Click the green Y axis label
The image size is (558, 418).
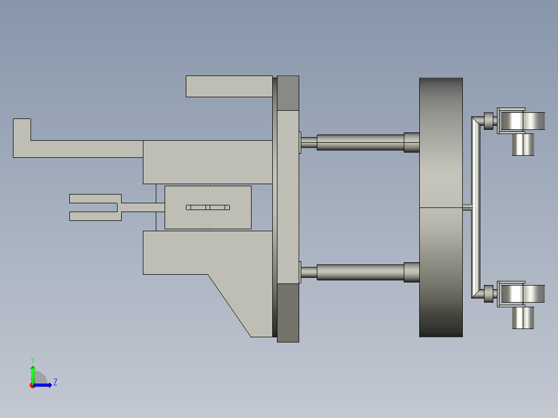pyautogui.click(x=32, y=359)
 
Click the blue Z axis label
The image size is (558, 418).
pyautogui.click(x=55, y=382)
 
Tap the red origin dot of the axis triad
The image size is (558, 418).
pyautogui.click(x=32, y=385)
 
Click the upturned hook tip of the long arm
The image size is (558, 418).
pyautogui.click(x=22, y=128)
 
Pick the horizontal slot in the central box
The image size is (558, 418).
pyautogui.click(x=208, y=207)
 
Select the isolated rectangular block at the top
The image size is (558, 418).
pyautogui.click(x=229, y=86)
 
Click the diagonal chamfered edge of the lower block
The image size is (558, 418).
pyautogui.click(x=229, y=305)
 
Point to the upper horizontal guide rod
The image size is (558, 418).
pyautogui.click(x=360, y=142)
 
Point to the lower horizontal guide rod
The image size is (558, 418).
pyautogui.click(x=360, y=272)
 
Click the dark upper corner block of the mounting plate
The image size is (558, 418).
pyautogui.click(x=288, y=93)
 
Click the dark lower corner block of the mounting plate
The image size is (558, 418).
pyautogui.click(x=288, y=312)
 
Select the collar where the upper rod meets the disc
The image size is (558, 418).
pyautogui.click(x=412, y=142)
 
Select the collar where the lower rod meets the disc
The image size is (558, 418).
pyautogui.click(x=412, y=272)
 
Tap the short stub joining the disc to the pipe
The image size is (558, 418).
pyautogui.click(x=466, y=207)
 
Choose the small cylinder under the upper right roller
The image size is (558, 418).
pyautogui.click(x=523, y=144)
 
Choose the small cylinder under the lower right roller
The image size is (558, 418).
pyautogui.click(x=523, y=318)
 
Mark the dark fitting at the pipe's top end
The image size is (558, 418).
pyautogui.click(x=488, y=121)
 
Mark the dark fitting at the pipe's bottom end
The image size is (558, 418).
pyautogui.click(x=488, y=294)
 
